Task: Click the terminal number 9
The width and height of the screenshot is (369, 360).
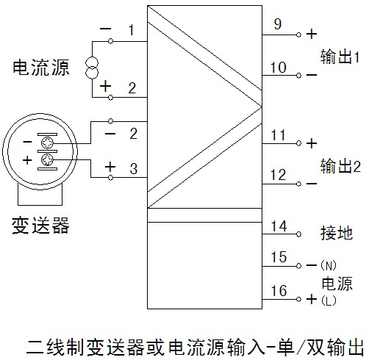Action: click(278, 24)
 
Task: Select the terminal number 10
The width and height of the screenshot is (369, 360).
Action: click(279, 68)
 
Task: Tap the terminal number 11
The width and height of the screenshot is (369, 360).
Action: click(279, 135)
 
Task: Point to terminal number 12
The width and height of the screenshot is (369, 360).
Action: click(279, 175)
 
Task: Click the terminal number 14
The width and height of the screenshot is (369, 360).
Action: click(279, 226)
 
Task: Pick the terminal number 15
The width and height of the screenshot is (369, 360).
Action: click(279, 257)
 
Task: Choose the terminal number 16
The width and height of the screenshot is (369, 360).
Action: click(279, 291)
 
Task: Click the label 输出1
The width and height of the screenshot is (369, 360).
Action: click(340, 57)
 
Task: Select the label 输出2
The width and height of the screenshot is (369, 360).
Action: click(340, 166)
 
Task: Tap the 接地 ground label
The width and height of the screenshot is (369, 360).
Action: click(337, 232)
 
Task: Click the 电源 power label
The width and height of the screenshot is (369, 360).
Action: click(337, 284)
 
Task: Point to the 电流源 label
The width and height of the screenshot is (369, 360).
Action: click(41, 67)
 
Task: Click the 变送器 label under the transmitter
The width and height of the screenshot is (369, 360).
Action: click(40, 226)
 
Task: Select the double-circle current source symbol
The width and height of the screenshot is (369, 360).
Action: click(92, 68)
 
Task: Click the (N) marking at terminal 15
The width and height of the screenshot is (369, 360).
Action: click(329, 265)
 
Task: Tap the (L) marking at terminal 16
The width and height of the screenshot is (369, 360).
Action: click(329, 300)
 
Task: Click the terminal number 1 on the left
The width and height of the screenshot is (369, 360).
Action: click(132, 30)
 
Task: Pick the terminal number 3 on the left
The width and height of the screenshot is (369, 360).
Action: click(134, 168)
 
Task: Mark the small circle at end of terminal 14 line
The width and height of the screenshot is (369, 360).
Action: click(298, 234)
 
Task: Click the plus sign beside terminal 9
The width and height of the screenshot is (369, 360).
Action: click(312, 34)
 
